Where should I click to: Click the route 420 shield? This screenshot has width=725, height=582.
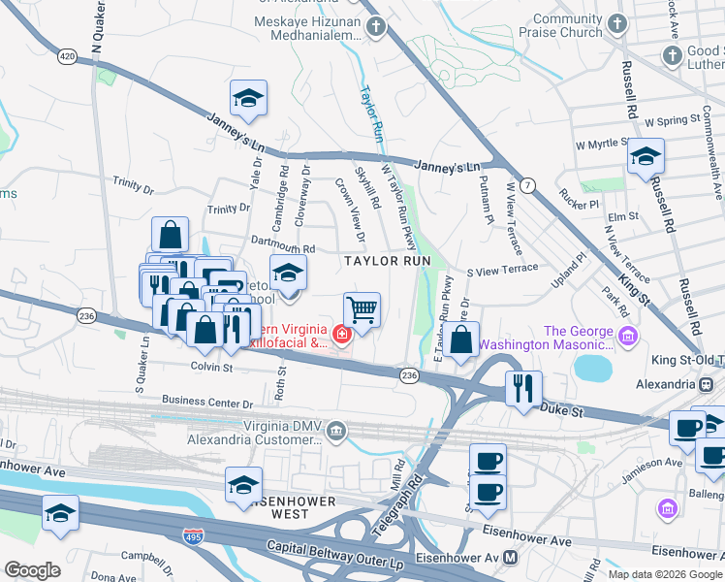66,57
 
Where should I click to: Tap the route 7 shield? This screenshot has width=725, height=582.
527,184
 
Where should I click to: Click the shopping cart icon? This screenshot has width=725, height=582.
362,310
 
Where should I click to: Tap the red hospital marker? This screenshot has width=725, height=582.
340,336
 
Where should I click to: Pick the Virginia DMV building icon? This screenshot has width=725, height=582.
336,430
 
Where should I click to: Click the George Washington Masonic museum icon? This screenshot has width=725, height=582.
628,337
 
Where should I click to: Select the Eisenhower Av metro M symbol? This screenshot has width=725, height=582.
511,558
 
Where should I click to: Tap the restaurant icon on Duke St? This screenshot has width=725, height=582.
522,388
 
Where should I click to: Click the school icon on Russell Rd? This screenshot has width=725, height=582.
646,156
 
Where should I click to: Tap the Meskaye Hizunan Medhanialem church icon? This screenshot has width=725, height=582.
377,26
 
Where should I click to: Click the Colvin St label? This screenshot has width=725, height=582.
211,368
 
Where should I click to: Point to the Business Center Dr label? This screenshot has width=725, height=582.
207,402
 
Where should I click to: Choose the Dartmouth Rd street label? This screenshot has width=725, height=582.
283,248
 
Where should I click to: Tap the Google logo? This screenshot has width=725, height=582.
33,570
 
